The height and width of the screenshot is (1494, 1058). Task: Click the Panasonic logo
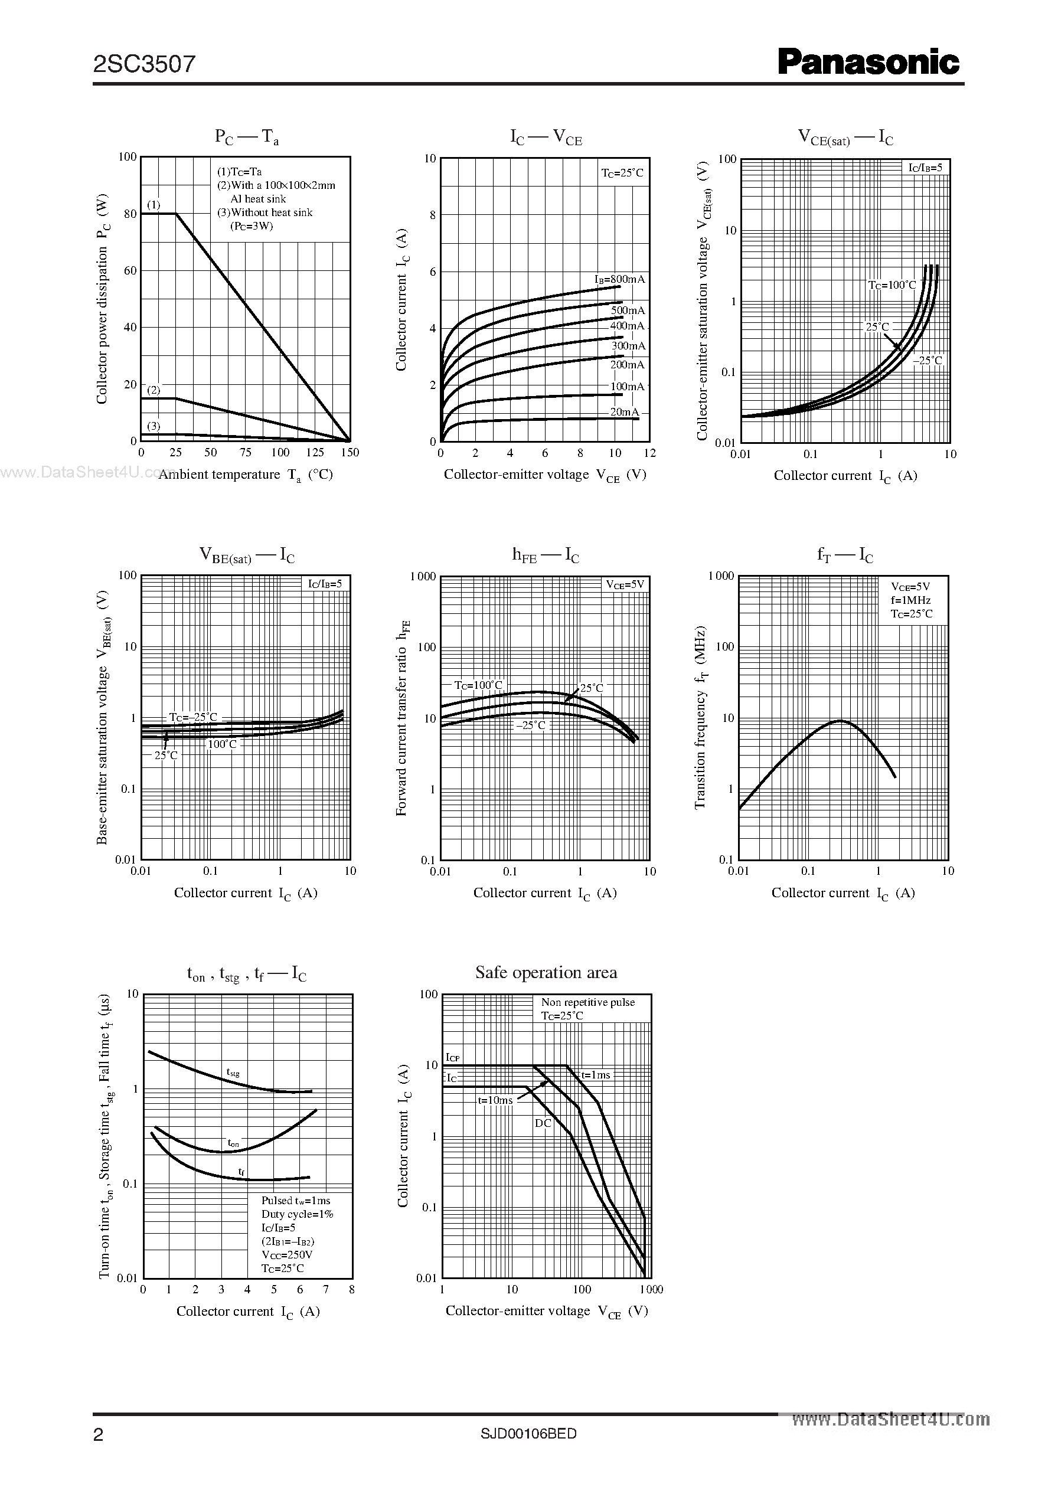[x=868, y=63]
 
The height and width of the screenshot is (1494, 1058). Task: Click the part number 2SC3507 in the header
[x=144, y=64]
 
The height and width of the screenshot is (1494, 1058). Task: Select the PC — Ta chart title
[x=247, y=137]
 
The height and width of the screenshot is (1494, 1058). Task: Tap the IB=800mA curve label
[x=619, y=279]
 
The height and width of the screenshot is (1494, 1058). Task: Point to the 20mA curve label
[x=624, y=412]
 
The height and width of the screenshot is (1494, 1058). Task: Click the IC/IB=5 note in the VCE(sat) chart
[x=925, y=168]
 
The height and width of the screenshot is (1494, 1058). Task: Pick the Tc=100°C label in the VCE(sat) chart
[x=892, y=285]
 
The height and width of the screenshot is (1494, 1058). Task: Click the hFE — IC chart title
[x=546, y=555]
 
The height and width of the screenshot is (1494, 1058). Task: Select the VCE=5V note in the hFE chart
[x=625, y=585]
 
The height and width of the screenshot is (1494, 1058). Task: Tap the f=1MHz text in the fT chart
[x=911, y=600]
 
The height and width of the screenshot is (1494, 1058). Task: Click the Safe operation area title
[x=546, y=972]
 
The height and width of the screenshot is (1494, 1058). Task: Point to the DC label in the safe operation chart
[x=543, y=1123]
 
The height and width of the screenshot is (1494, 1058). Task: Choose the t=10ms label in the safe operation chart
[x=495, y=1100]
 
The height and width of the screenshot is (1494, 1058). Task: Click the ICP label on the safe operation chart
[x=453, y=1058]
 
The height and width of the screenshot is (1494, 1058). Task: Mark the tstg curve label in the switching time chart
[x=233, y=1072]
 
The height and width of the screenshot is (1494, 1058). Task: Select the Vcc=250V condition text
[x=287, y=1254]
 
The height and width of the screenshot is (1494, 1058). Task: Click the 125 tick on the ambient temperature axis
[x=315, y=453]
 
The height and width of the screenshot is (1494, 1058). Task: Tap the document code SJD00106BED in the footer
[x=528, y=1433]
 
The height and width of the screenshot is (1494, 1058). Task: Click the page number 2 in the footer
[x=99, y=1435]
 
